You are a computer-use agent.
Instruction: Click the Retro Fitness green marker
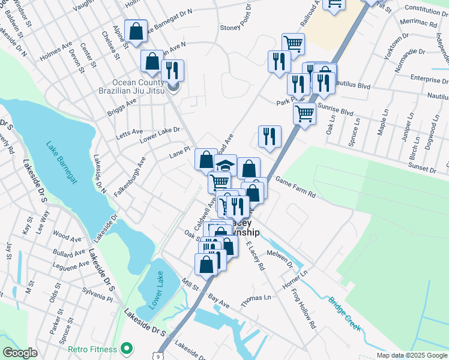(x=126, y=348)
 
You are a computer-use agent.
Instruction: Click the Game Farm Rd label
(x=295, y=186)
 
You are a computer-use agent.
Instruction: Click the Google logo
(x=20, y=353)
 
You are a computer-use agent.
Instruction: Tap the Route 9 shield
(x=158, y=356)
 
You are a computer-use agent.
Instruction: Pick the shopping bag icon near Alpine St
(x=136, y=31)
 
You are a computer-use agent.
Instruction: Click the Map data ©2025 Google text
(x=412, y=355)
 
